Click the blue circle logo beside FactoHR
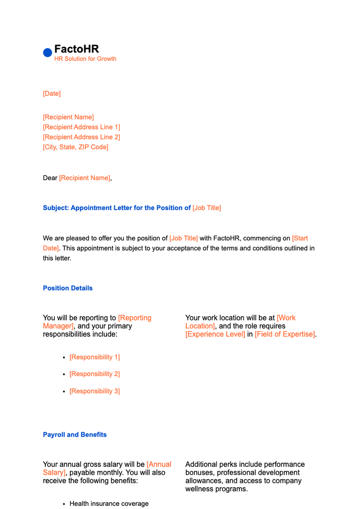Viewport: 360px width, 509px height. tap(47, 53)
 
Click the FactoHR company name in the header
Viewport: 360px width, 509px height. tap(76, 49)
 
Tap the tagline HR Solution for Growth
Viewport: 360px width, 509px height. tap(85, 59)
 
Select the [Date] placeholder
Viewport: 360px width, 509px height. tap(52, 94)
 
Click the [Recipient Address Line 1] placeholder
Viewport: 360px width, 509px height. tap(81, 127)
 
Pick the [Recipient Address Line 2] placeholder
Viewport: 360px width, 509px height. tap(81, 137)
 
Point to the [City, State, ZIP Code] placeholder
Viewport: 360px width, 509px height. tap(76, 147)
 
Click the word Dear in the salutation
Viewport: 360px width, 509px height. tap(50, 178)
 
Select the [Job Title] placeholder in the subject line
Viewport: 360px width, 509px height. tap(207, 208)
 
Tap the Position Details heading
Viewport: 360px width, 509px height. tap(68, 288)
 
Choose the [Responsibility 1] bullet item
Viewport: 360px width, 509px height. tap(94, 357)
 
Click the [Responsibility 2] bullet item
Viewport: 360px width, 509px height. tap(94, 374)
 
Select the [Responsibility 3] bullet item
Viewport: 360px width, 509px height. tap(94, 391)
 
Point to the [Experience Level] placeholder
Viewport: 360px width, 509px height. tap(215, 334)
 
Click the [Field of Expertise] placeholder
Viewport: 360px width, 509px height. tap(285, 334)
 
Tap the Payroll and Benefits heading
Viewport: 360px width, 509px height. tap(75, 435)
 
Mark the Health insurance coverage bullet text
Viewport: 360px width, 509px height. tap(109, 504)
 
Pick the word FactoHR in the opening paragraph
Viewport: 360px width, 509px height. tap(226, 238)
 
